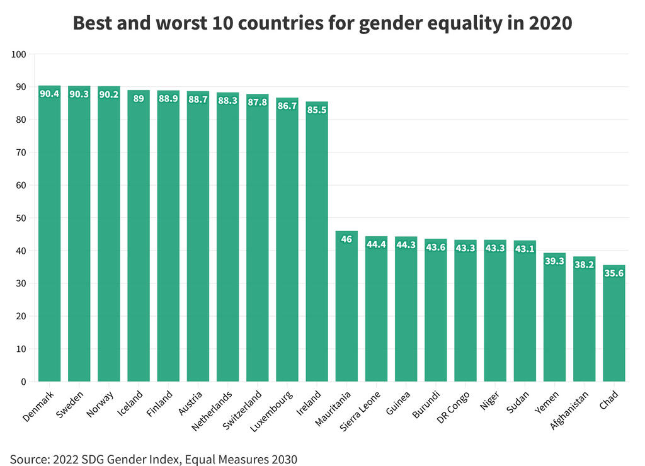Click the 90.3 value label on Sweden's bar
[x=79, y=94]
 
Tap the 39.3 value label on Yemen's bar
[x=554, y=261]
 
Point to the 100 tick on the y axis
[x=18, y=55]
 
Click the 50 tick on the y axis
[x=21, y=219]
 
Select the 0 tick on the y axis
[x=23, y=382]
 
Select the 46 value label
[x=346, y=239]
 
